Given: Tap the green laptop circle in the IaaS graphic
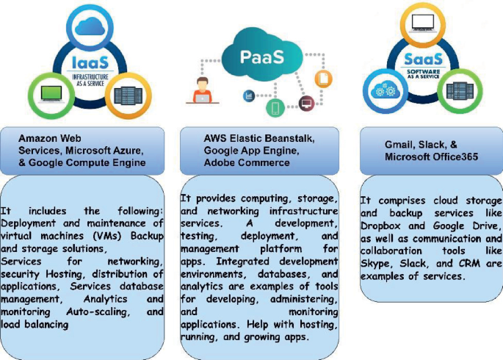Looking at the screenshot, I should coord(51,95).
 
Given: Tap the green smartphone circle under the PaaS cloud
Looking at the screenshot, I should coord(275,109).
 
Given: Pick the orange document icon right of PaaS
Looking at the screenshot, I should coord(323,78).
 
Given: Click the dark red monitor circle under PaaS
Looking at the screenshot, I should coord(306,104).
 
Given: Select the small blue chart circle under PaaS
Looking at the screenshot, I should coord(250,96).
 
